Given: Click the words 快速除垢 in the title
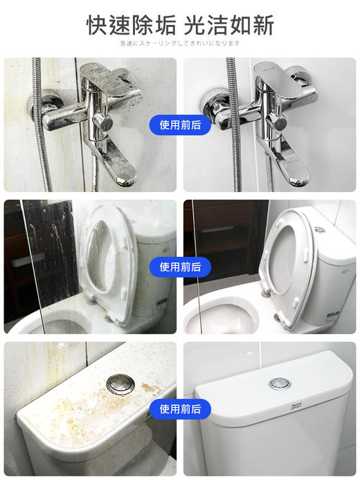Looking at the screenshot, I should (131, 25).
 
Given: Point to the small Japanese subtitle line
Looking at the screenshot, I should (179, 43).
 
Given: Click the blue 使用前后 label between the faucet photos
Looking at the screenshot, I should (180, 125).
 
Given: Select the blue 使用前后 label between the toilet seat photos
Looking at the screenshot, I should (180, 267).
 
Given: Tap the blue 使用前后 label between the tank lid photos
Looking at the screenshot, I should (180, 409).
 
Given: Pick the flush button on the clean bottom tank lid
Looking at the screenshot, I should (280, 382).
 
